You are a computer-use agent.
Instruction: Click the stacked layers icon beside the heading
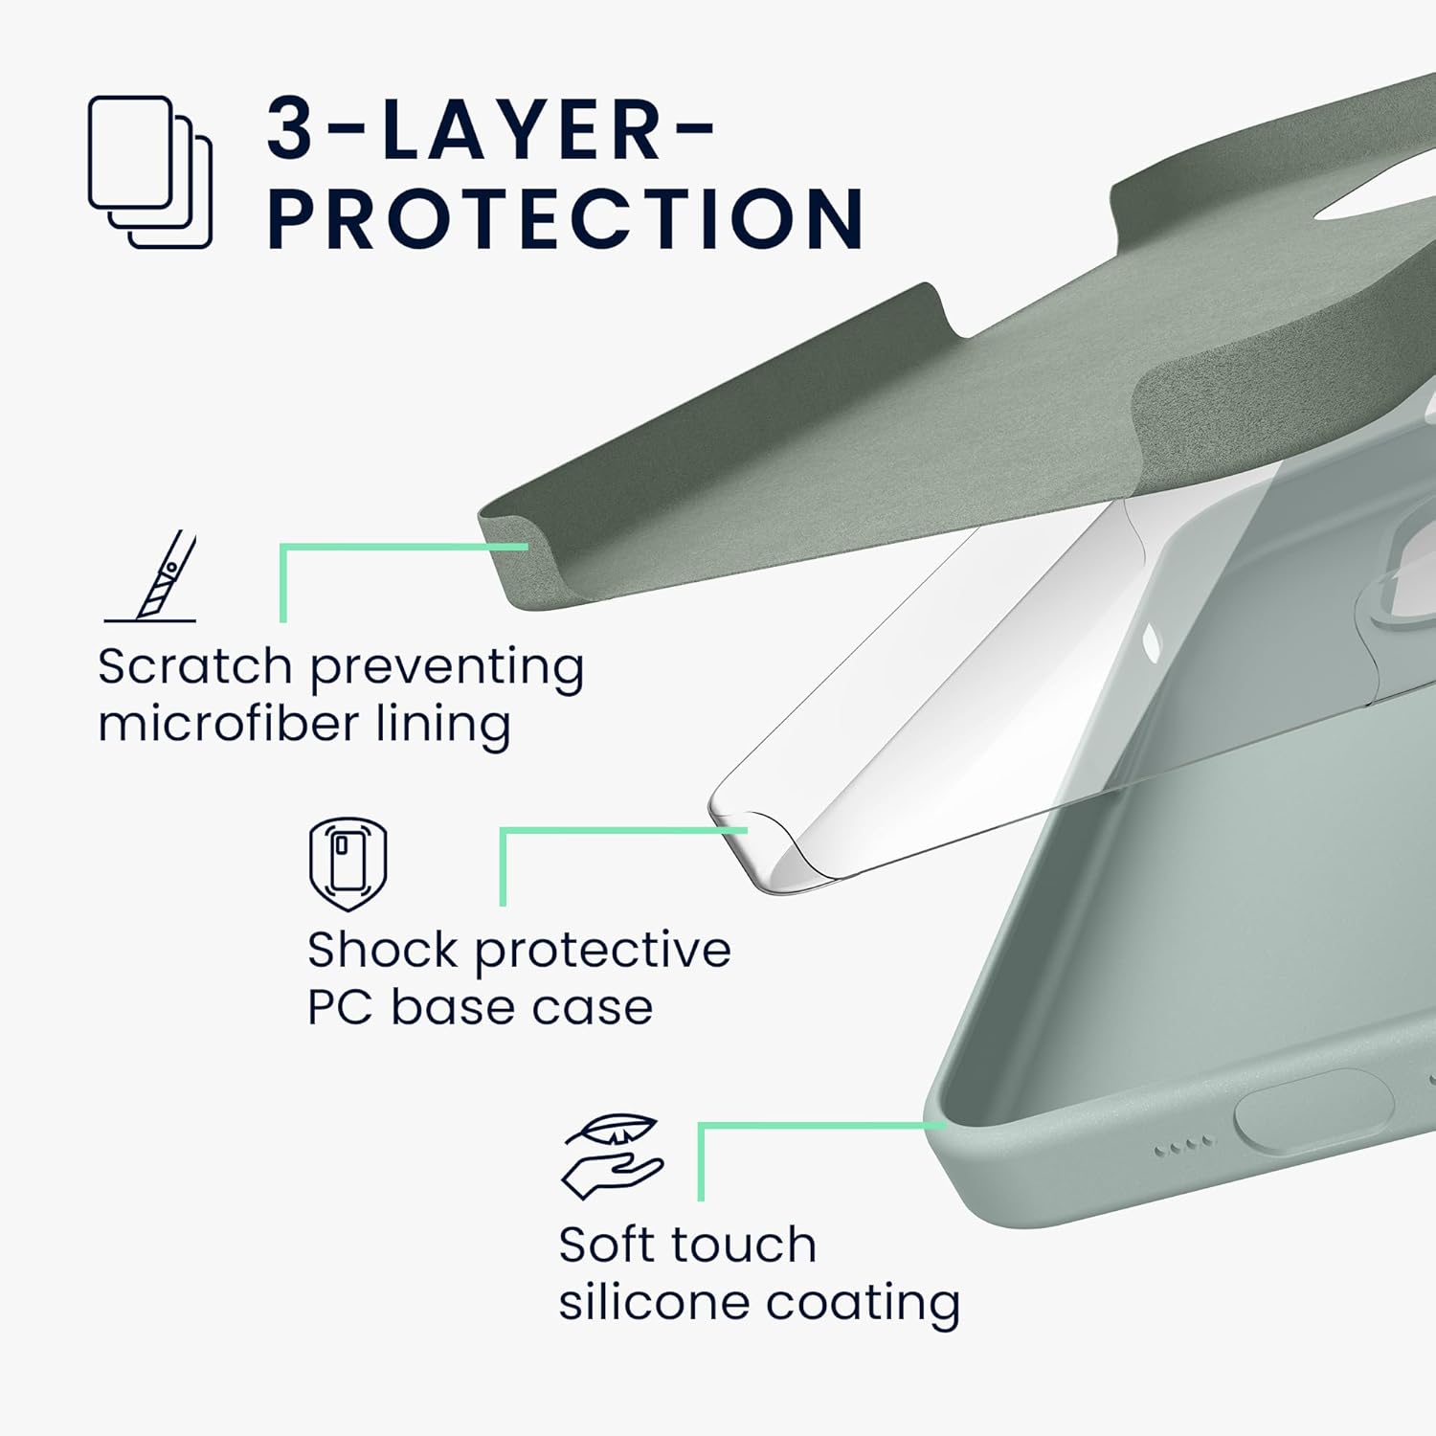(150, 172)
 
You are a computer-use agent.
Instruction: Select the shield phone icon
(348, 864)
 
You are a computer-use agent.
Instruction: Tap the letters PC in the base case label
(339, 1007)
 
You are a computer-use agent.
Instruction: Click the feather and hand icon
(612, 1156)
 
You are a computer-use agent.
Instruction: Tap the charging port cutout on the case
(1313, 1114)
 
